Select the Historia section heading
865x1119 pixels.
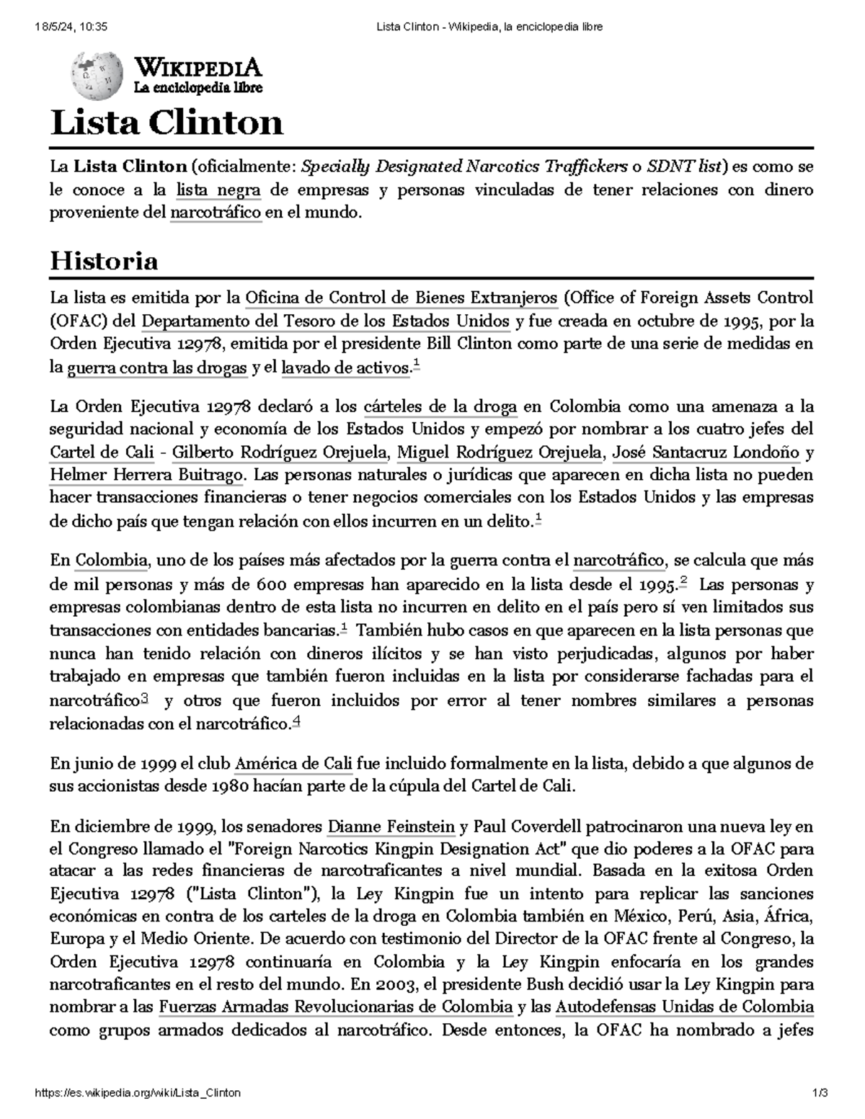[103, 260]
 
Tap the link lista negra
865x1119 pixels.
[218, 190]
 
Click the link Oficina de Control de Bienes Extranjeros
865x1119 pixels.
[402, 298]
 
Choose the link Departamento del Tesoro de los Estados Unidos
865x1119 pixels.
[326, 321]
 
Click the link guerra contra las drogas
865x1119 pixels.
[156, 368]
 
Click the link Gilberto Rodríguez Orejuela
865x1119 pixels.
[282, 452]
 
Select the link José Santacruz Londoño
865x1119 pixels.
[705, 452]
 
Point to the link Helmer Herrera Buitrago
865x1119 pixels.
[146, 476]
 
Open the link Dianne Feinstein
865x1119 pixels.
[391, 826]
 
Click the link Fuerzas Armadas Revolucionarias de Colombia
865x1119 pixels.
[335, 1007]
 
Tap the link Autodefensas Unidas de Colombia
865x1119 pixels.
[686, 1007]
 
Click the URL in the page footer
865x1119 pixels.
[138, 1093]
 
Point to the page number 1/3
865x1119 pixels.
[820, 1093]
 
